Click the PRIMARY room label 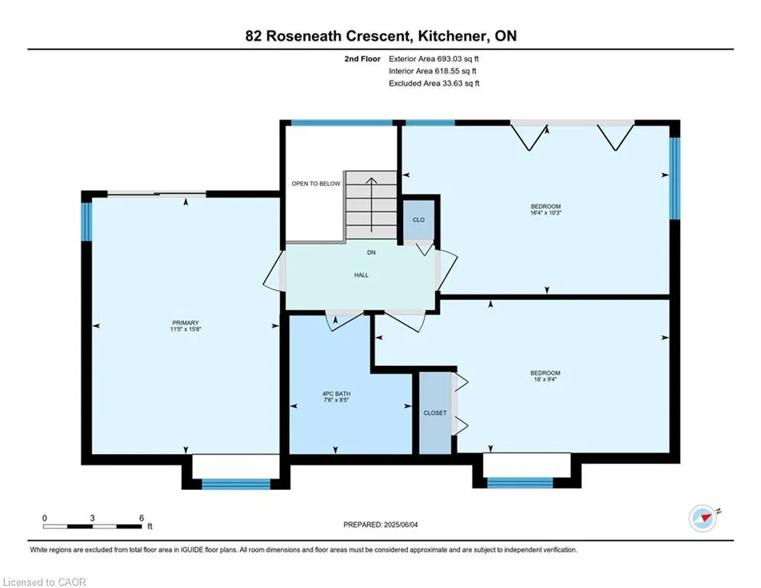185,322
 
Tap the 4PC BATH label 336,394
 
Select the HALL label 361,275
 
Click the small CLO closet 418,220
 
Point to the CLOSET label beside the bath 435,413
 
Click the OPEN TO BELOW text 316,184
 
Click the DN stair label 371,253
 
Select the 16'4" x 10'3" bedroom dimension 545,213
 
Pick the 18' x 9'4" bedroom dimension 545,380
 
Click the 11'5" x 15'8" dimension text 185,329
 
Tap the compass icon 703,518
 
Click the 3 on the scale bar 93,518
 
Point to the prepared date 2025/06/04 401,524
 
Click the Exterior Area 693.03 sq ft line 434,59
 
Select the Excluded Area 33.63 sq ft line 434,83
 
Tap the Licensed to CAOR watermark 44,582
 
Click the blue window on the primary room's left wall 86,221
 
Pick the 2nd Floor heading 362,59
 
